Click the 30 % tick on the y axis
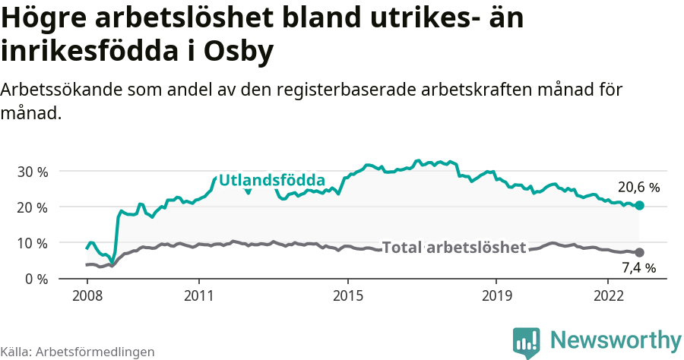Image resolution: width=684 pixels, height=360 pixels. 32,172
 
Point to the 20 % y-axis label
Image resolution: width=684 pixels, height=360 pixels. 32,207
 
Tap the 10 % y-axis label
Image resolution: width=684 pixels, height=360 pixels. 32,243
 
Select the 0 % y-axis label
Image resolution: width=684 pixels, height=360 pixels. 36,279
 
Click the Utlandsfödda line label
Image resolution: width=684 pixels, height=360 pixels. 272,181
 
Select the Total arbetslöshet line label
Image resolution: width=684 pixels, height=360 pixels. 454,248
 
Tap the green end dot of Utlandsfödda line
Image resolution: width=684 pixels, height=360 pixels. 640,205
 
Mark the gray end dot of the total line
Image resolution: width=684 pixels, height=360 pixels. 640,252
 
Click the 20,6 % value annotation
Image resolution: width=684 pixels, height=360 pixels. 639,187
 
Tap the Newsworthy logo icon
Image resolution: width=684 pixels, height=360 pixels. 527,343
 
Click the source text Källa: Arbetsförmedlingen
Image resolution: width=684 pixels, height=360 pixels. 78,352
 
